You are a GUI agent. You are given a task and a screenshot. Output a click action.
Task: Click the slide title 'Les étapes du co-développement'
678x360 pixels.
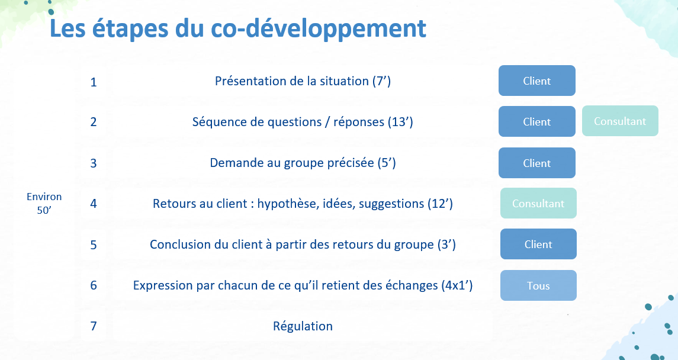point(238,28)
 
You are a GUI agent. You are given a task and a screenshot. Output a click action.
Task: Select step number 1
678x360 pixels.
point(94,82)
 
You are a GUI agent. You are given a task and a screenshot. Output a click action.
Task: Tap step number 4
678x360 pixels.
point(94,204)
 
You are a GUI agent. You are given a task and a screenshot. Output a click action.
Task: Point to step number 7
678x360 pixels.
point(94,326)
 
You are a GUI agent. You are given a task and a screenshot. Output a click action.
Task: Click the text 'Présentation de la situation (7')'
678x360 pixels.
point(303,81)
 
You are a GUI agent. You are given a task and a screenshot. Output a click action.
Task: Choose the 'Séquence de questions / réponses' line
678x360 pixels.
point(303,122)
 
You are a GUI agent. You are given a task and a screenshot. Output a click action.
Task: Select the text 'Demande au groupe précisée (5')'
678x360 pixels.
point(303,163)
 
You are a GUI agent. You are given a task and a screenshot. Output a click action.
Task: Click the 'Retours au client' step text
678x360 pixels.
point(303,204)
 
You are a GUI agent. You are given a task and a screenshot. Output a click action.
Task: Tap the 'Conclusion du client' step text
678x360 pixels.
point(303,245)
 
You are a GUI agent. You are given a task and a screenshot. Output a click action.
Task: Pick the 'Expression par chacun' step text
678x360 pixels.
point(303,285)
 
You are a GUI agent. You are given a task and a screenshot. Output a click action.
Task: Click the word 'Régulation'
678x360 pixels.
point(303,326)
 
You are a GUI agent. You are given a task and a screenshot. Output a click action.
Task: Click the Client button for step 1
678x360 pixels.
point(537,81)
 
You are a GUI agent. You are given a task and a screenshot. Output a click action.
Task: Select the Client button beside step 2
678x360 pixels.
point(537,121)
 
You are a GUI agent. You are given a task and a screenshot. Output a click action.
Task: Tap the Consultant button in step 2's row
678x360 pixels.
point(620,121)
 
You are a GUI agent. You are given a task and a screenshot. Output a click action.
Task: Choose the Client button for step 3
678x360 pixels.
point(537,163)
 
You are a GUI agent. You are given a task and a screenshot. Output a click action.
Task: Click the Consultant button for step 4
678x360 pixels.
point(538,203)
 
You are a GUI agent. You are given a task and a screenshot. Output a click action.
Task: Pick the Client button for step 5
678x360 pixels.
point(538,244)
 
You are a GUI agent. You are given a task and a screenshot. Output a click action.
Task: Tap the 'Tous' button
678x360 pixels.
point(538,285)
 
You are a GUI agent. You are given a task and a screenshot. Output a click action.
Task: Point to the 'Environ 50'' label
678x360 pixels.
point(44,204)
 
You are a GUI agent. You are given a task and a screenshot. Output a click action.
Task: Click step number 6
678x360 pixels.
point(94,285)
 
